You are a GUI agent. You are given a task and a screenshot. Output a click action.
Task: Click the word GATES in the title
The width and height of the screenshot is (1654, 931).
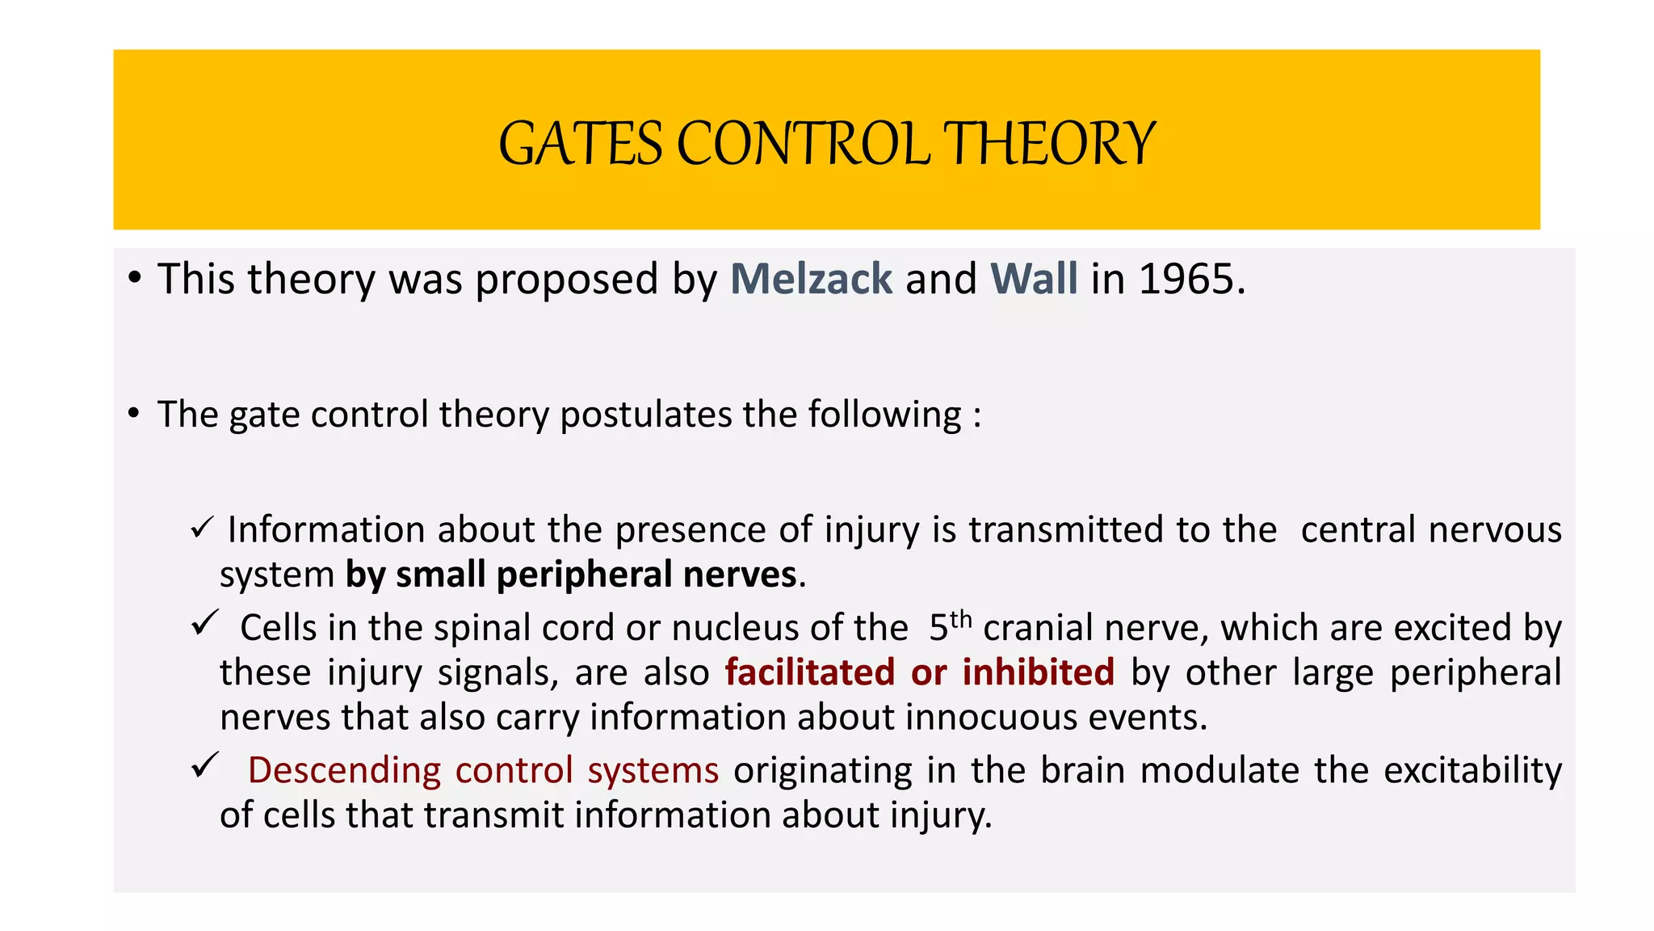580,144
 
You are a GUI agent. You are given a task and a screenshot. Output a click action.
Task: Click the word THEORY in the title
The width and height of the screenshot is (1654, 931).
1050,144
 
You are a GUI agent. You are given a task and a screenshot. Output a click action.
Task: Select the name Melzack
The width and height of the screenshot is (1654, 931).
811,279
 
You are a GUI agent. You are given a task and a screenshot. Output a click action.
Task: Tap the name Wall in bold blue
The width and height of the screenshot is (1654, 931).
1034,279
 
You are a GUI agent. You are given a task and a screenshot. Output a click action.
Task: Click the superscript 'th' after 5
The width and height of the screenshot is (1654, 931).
960,619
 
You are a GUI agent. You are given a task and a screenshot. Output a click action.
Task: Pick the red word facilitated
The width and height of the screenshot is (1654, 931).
810,672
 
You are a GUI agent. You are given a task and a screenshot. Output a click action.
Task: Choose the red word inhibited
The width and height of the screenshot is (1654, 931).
1038,672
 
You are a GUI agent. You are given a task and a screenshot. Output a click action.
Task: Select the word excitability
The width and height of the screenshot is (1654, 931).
1472,770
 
